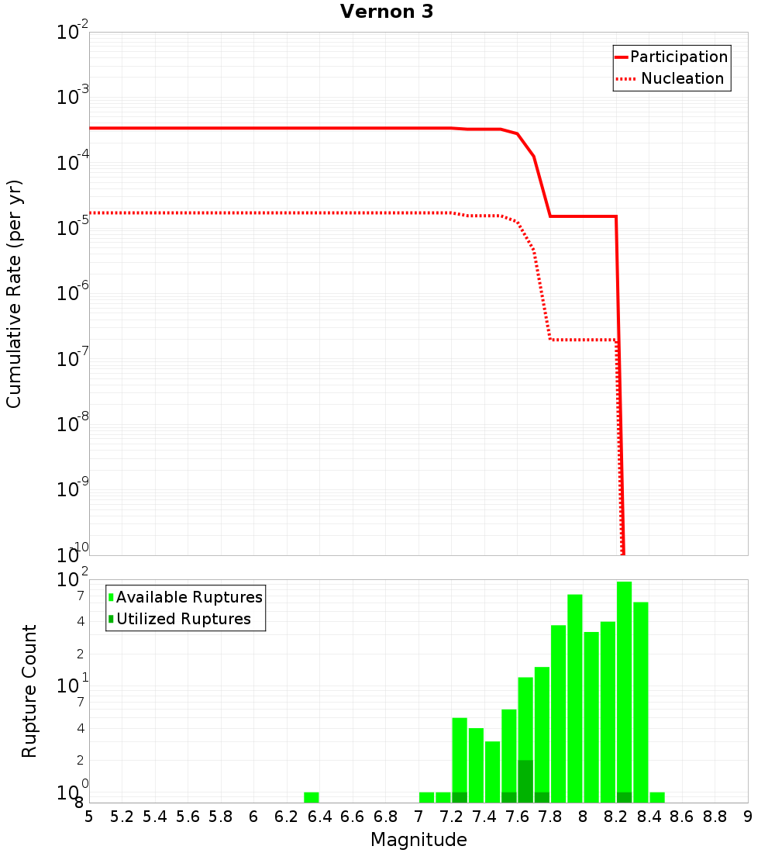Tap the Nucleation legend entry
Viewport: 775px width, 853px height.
[682, 79]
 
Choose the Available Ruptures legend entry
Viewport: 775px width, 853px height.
[189, 597]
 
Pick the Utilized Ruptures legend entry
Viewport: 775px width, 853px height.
[183, 619]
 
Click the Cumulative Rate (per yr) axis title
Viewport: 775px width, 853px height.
[14, 294]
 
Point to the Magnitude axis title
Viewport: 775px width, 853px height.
[418, 840]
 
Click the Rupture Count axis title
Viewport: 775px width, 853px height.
[29, 691]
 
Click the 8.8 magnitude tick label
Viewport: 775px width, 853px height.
[715, 817]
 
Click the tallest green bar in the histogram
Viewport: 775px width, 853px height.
[624, 690]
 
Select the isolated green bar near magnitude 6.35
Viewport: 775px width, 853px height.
[312, 797]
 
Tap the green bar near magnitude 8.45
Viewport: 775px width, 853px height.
[657, 797]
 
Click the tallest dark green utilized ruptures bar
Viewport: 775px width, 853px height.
[525, 781]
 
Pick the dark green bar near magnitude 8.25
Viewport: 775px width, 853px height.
[624, 797]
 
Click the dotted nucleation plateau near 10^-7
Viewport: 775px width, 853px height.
[581, 340]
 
